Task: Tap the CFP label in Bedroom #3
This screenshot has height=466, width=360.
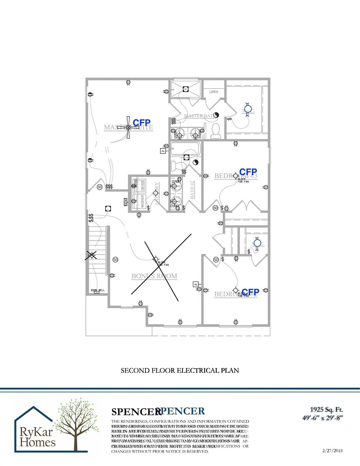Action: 248,172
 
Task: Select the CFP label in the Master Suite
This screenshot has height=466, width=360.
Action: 142,123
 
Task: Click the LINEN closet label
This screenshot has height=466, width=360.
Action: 214,92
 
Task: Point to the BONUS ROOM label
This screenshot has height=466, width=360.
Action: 154,276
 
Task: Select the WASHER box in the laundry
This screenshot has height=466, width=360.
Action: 142,201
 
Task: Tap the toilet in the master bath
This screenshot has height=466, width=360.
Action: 215,131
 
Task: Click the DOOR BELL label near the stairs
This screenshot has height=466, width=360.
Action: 97,290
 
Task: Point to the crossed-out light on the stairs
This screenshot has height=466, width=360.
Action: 91,256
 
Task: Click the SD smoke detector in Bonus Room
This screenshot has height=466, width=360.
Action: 115,260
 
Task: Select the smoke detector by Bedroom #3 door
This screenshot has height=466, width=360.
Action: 215,208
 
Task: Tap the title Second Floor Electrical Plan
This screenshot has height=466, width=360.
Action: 180,370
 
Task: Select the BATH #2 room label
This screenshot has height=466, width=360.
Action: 192,190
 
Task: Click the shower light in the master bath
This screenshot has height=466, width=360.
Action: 186,89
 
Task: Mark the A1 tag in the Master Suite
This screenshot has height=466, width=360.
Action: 163,151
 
